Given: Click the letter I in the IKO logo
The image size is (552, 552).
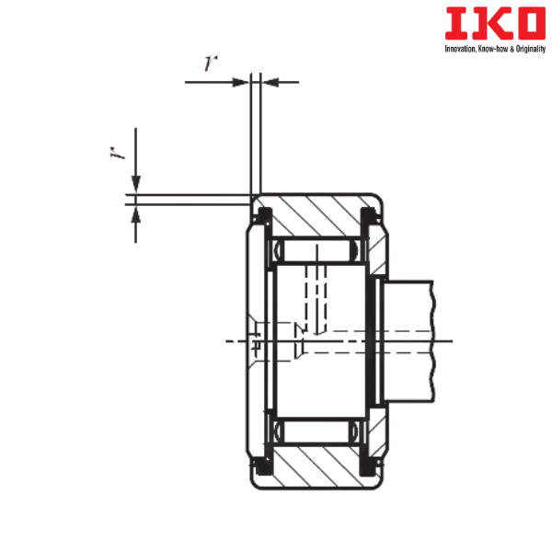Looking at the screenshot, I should [453, 25].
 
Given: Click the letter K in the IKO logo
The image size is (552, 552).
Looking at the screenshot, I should [477, 25].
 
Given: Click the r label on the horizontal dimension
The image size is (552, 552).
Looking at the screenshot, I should [211, 64].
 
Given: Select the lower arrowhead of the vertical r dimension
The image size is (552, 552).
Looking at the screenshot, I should [135, 215].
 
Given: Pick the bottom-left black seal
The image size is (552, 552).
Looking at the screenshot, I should [262, 464].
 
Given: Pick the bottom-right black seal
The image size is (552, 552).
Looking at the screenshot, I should [371, 464].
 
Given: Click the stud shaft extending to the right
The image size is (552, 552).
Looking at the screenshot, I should [409, 340].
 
